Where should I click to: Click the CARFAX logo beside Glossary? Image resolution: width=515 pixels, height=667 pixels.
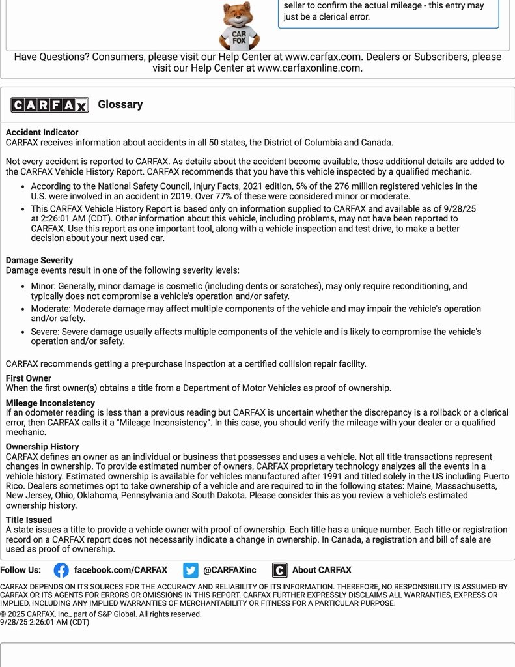pos(49,105)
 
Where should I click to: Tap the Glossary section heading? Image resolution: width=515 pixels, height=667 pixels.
pos(120,104)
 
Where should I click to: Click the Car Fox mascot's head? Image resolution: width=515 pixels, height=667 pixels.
pos(238,15)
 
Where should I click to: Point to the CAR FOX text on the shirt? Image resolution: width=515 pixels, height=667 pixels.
pos(239,37)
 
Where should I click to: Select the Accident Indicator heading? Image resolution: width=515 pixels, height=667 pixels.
pos(42,132)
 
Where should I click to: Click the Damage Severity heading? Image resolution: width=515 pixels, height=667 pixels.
pos(39,260)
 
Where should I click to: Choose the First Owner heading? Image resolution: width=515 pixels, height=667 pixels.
pos(29,378)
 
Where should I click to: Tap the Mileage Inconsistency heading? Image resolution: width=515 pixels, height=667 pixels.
pos(50,403)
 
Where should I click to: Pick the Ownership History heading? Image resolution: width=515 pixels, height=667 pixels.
pos(42,446)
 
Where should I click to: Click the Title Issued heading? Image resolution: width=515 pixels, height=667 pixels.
pos(29,519)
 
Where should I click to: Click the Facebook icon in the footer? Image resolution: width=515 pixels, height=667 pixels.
pos(61,570)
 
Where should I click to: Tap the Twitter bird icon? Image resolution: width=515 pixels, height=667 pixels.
pos(190,570)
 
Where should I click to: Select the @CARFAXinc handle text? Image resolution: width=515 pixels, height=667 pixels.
pos(230,570)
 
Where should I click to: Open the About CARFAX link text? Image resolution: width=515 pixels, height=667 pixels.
pos(322,570)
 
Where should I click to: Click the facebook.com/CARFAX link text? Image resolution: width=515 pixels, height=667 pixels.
pos(120,570)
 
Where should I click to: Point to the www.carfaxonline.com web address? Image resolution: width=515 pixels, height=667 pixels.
pos(309,68)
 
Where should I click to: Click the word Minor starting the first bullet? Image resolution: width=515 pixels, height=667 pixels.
pos(44,286)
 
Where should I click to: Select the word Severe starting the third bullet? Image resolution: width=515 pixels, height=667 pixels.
pos(45,332)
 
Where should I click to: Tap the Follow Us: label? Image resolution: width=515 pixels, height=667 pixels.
pos(20,570)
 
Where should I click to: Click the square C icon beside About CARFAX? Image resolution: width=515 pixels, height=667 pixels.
pos(279,570)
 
